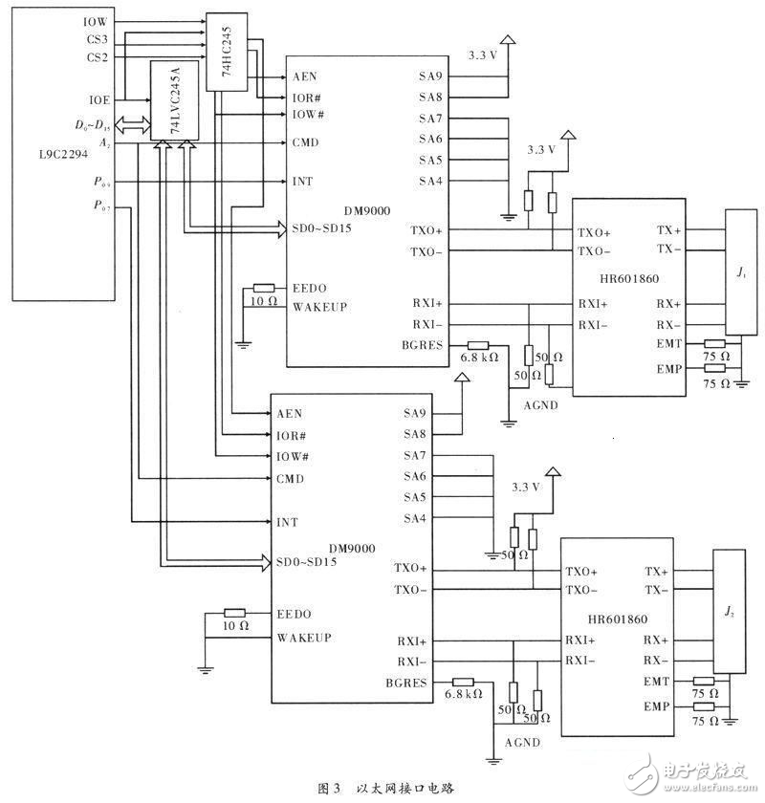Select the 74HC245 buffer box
pos(227,54)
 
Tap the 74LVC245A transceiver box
pos(168,100)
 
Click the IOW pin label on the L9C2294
pos(97,20)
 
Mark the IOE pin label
pos(98,98)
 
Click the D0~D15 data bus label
pos(93,124)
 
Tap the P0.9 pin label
pos(100,182)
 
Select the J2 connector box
pos(729,612)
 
